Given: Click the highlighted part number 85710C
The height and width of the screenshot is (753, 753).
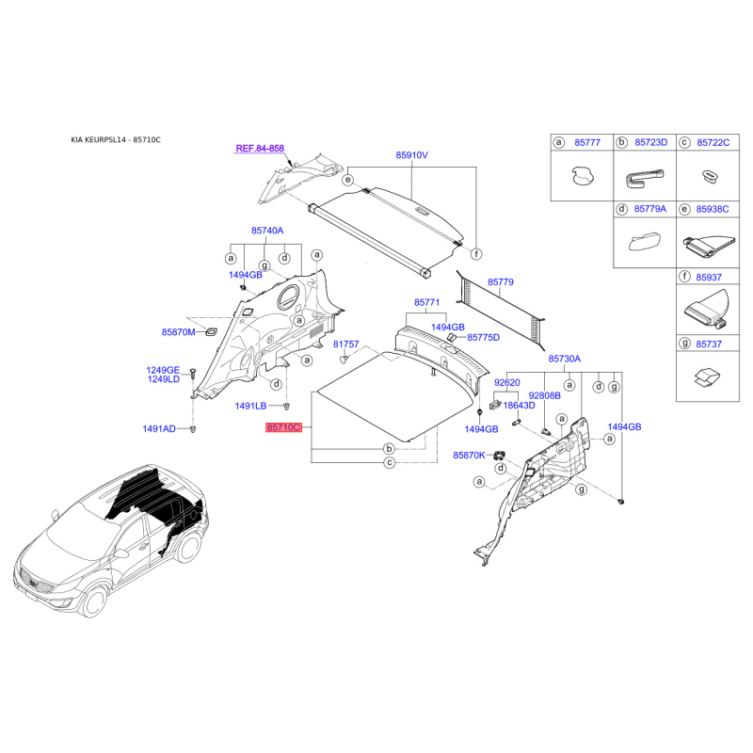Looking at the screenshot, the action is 284,427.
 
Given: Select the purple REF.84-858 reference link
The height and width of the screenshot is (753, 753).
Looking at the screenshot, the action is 260,149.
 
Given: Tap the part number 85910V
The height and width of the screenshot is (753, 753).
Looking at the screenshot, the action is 412,155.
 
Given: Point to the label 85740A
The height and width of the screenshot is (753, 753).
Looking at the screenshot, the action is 267,231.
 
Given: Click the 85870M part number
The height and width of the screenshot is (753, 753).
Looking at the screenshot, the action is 178,332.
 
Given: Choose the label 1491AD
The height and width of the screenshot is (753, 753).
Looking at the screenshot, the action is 159,428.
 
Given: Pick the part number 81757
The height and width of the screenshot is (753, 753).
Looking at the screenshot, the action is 345,344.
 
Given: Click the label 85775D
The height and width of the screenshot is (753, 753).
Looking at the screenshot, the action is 484,338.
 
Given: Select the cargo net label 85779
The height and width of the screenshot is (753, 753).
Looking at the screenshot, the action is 501,281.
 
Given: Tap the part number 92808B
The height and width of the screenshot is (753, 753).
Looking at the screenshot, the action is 545,395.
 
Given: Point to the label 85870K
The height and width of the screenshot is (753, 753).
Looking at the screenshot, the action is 469,455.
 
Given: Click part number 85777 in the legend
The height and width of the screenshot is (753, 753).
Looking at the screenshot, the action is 587,143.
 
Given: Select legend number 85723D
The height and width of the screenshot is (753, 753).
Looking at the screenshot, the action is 650,143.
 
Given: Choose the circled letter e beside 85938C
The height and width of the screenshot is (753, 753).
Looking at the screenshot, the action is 684,209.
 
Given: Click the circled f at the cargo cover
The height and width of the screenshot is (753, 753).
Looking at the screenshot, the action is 476,253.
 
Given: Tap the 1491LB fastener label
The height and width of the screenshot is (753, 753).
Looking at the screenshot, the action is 250,406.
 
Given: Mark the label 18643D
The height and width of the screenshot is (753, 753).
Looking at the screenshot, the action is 520,406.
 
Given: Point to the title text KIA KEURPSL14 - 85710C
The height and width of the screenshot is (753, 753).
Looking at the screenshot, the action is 116,139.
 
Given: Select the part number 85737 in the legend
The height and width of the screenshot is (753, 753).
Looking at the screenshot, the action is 709,344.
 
